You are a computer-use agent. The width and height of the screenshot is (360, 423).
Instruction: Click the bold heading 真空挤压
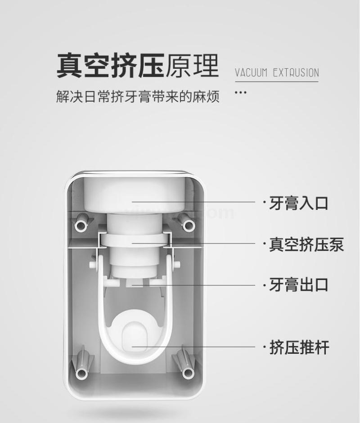110,66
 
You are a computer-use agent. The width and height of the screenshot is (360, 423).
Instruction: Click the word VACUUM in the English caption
251,73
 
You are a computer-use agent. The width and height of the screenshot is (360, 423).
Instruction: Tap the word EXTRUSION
296,73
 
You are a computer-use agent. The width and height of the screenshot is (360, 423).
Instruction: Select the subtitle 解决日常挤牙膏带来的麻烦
137,96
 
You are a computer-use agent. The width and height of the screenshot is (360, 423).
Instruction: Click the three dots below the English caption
240,93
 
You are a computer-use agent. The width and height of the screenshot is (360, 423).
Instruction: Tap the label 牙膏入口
298,203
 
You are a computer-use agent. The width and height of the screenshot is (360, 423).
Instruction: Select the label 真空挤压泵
306,245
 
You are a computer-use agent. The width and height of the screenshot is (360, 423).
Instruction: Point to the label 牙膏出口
298,285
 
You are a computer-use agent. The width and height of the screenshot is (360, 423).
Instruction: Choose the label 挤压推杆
299,347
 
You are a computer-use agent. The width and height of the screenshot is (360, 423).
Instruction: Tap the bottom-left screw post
81,374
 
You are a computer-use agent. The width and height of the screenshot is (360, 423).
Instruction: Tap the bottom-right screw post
188,374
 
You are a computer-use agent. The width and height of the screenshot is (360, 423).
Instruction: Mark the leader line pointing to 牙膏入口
193,201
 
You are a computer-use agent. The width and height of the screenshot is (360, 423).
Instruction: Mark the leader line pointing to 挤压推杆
193,347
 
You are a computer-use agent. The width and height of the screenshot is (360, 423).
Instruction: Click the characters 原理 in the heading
192,66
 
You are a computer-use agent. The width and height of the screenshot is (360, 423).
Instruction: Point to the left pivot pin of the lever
93,264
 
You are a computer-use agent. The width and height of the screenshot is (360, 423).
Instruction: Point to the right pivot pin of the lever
176,264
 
